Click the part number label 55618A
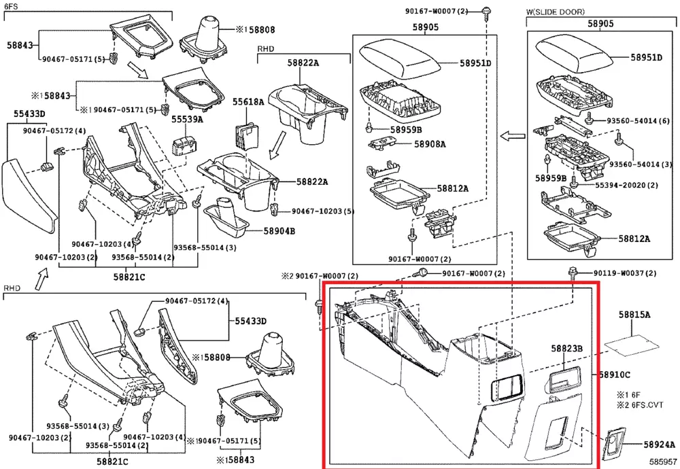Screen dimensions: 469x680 click(x=248, y=102)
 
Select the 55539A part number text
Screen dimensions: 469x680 click(x=187, y=119)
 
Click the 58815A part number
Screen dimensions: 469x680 click(x=634, y=315)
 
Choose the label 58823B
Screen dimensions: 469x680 click(x=567, y=349)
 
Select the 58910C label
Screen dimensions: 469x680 click(x=615, y=375)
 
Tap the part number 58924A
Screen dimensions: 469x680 click(x=660, y=445)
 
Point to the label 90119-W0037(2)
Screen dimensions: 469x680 click(x=625, y=273)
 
